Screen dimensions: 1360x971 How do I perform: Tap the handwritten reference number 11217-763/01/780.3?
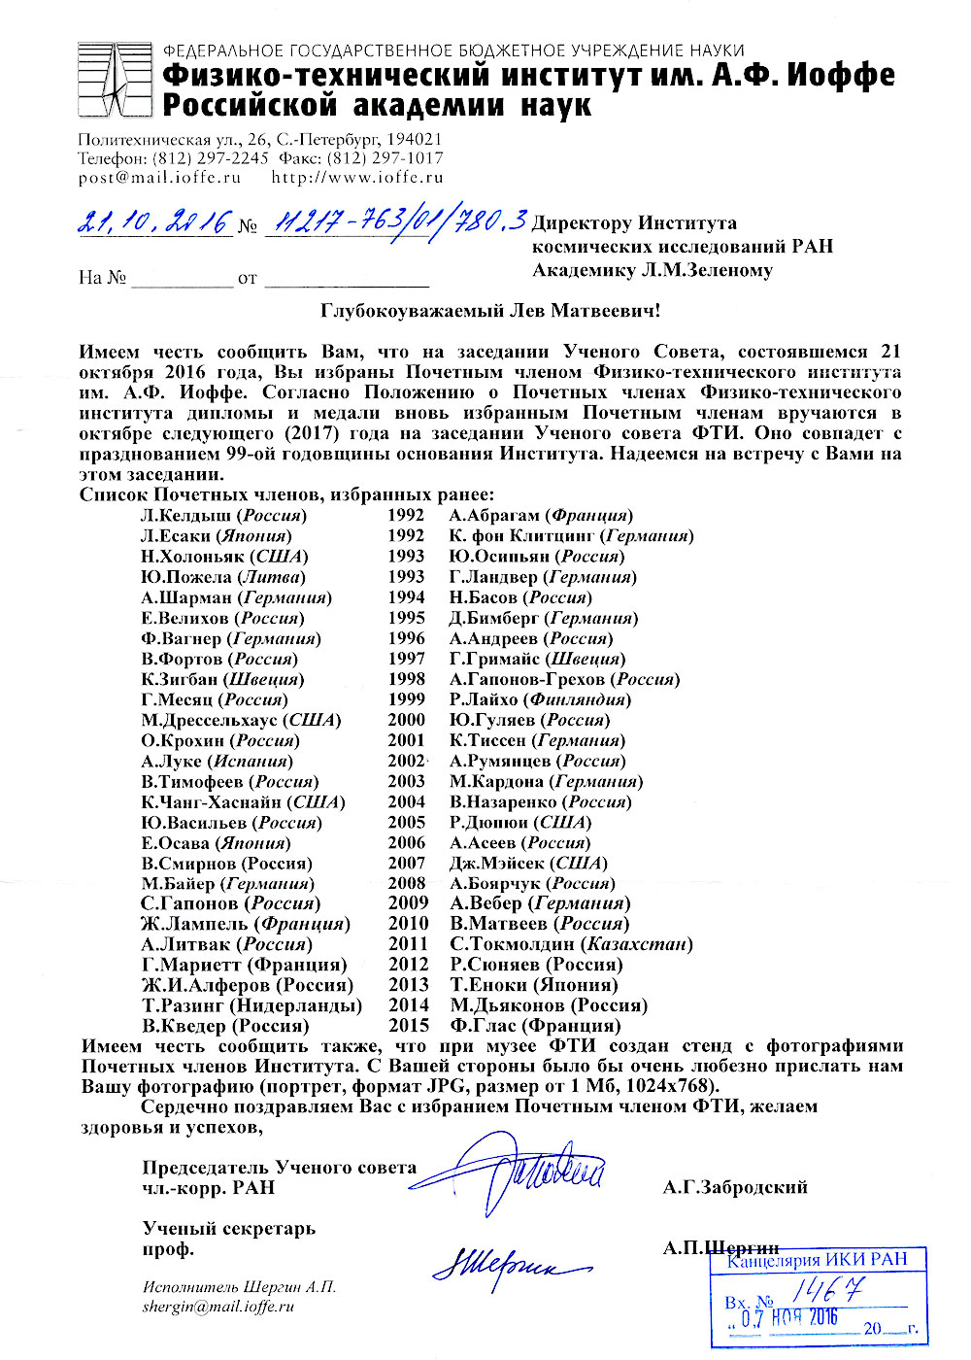coord(396,222)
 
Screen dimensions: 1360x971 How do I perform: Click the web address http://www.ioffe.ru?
coord(356,178)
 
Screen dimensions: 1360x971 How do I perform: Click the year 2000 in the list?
coord(407,720)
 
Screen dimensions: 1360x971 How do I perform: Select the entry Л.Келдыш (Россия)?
coord(223,516)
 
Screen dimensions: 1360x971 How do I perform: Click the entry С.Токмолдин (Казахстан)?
coord(571,944)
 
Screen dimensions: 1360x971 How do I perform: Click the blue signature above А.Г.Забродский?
coord(524,1171)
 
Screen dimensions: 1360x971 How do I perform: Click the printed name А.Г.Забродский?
coord(735,1187)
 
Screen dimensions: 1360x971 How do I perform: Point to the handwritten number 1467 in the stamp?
coord(827,1290)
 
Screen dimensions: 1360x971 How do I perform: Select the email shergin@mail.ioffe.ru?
coord(218,1308)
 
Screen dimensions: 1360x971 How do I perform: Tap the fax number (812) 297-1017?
coord(385,158)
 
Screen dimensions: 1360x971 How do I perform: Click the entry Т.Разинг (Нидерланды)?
coord(251,1005)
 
